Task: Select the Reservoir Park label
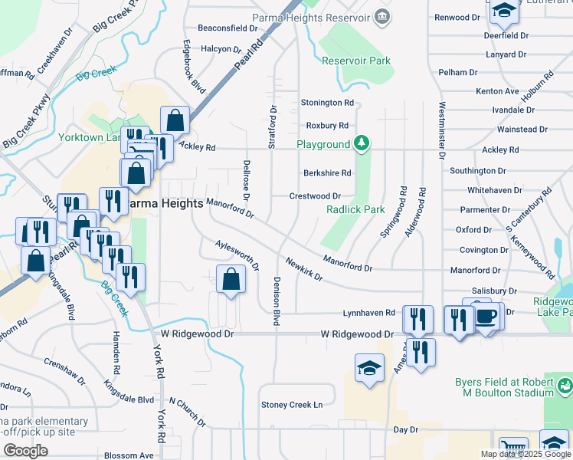pos(355,61)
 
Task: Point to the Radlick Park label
pos(355,209)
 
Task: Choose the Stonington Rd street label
pos(327,102)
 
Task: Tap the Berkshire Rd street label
pos(326,173)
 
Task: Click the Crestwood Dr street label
pos(315,196)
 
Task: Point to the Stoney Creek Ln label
pos(292,405)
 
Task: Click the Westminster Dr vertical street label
pos(442,130)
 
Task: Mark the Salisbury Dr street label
pos(494,291)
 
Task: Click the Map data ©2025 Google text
pos(525,454)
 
